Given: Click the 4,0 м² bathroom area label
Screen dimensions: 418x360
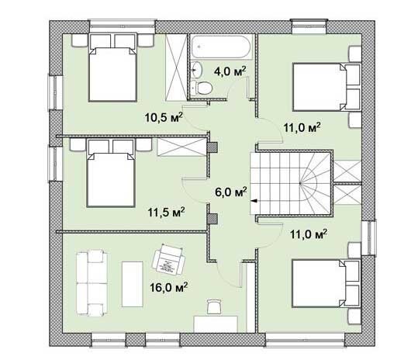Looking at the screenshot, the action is (230, 71).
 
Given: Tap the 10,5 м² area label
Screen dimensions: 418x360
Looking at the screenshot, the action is (164, 117).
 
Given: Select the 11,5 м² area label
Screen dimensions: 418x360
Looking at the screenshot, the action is (166, 212).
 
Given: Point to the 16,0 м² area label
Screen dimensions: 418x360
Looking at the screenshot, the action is (168, 287).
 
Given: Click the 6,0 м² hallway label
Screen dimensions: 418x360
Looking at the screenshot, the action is (231, 192).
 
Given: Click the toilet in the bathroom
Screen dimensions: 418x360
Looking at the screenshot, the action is (202, 88).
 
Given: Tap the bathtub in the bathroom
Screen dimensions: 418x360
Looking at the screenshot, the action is (222, 47).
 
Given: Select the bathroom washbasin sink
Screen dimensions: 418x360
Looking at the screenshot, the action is (197, 70).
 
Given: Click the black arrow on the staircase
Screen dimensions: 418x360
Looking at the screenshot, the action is (254, 201).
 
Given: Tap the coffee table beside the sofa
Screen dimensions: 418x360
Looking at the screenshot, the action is (132, 284).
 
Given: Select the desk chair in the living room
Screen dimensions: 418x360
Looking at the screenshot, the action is (214, 306).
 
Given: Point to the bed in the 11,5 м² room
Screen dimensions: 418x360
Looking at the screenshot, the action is (111, 173).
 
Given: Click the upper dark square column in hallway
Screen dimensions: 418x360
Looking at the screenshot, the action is (212, 147).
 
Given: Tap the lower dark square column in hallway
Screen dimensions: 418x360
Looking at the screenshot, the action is (212, 218).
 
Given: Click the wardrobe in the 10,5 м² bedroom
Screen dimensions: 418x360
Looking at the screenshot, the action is (176, 67).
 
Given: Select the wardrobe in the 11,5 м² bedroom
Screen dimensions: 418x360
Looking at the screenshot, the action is (181, 147).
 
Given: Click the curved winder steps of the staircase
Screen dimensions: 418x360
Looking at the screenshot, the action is (315, 183).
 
